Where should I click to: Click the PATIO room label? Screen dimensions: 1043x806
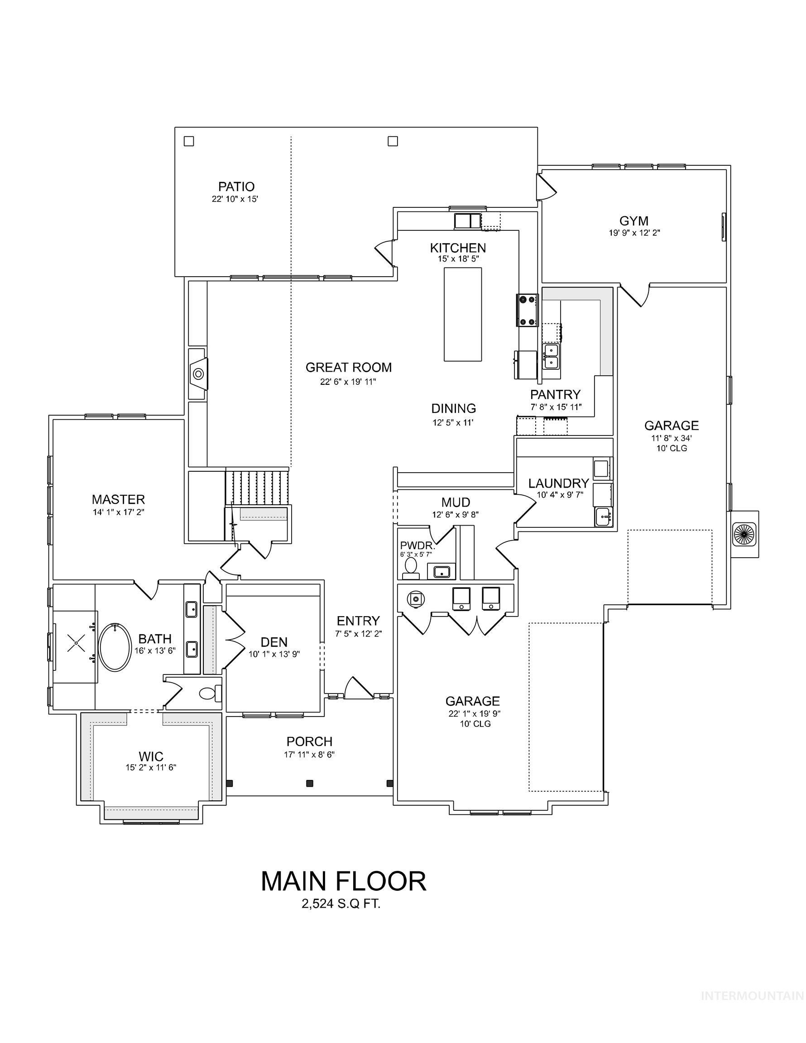[236, 186]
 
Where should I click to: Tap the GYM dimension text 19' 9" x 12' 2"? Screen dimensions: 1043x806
[633, 233]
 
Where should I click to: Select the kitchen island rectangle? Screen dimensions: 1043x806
[462, 314]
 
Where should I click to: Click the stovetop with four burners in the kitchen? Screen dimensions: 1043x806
[527, 311]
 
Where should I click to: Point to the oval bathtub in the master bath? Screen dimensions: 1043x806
[115, 647]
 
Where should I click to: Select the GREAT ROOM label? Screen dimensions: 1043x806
[348, 367]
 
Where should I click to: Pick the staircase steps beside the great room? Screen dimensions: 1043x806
[257, 487]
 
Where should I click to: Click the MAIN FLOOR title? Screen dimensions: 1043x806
[343, 881]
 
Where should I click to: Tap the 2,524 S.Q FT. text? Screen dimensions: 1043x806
[341, 904]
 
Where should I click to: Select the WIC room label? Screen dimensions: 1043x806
[151, 756]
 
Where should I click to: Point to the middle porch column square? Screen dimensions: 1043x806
[310, 783]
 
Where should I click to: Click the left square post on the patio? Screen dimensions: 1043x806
[189, 141]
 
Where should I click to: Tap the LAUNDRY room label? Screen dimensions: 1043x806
[558, 483]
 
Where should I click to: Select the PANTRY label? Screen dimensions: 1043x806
[555, 394]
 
